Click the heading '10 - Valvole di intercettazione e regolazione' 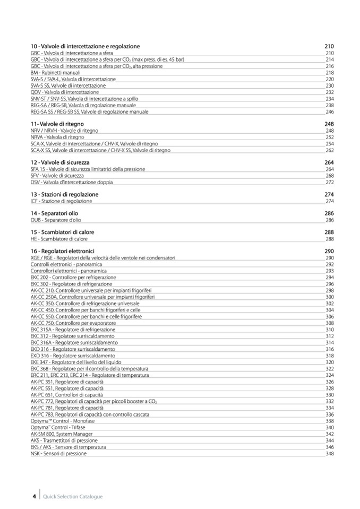click(x=85, y=47)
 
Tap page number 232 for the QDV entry click(x=329, y=92)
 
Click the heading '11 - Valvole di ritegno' click(x=57, y=124)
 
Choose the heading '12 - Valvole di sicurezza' click(x=60, y=162)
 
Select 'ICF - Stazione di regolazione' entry click(x=61, y=201)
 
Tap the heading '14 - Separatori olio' click(x=55, y=213)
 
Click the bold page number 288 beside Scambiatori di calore click(x=329, y=232)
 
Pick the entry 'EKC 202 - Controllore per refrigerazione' click(x=73, y=277)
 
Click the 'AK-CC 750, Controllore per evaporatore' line click(x=73, y=323)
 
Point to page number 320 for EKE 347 click(x=329, y=362)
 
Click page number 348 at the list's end click(x=329, y=453)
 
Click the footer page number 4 click(x=34, y=496)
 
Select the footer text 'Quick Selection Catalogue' click(x=73, y=497)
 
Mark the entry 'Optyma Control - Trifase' click(x=58, y=427)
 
